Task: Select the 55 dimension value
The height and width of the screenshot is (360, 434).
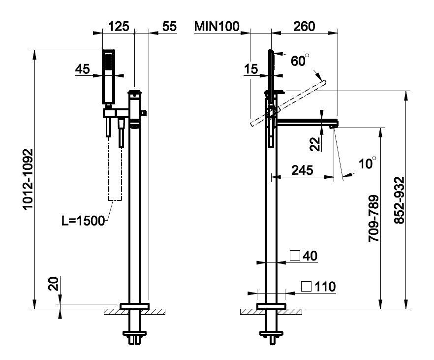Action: pyautogui.click(x=169, y=26)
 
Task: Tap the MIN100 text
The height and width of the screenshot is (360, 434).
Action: pyautogui.click(x=217, y=26)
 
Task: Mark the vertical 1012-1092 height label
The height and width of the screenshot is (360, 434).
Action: pyautogui.click(x=29, y=179)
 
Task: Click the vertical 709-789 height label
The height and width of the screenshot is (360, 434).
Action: pyautogui.click(x=374, y=217)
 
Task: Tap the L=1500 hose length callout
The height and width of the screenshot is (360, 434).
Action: pyautogui.click(x=83, y=220)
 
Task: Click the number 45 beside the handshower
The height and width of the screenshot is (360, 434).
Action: pyautogui.click(x=83, y=69)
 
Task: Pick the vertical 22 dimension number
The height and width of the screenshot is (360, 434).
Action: pyautogui.click(x=316, y=143)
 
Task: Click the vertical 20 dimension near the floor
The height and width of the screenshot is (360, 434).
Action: pyautogui.click(x=54, y=285)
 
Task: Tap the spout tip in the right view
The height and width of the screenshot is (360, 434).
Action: pyautogui.click(x=334, y=125)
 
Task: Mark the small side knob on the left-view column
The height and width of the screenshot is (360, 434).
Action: pyautogui.click(x=144, y=113)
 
